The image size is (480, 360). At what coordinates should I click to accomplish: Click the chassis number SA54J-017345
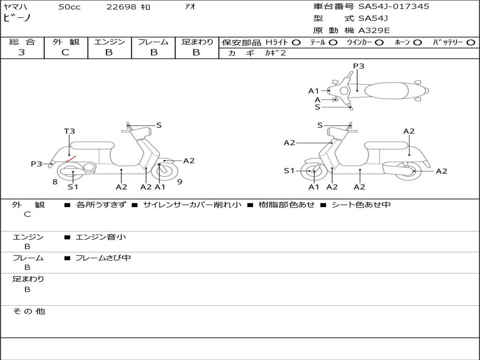pyautogui.click(x=394, y=7)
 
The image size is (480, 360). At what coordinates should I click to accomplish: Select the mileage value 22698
pyautogui.click(x=121, y=7)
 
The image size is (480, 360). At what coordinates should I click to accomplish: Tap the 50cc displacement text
pyautogui.click(x=69, y=7)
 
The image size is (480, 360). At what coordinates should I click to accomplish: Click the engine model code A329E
pyautogui.click(x=374, y=31)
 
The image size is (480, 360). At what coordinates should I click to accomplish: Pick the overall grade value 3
pyautogui.click(x=22, y=52)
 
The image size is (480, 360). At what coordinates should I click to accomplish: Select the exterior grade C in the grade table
pyautogui.click(x=65, y=52)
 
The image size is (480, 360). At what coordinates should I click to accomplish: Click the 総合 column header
pyautogui.click(x=22, y=42)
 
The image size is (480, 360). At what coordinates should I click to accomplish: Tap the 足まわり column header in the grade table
pyautogui.click(x=197, y=42)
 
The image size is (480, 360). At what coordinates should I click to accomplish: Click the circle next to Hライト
pyautogui.click(x=296, y=43)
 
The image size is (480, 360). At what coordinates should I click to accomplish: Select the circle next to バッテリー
pyautogui.click(x=471, y=43)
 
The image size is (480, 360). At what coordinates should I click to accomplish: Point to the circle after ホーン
pyautogui.click(x=417, y=43)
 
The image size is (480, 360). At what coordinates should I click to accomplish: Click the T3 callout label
pyautogui.click(x=69, y=131)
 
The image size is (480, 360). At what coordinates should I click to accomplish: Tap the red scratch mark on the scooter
pyautogui.click(x=71, y=159)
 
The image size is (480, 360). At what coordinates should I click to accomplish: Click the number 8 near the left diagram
pyautogui.click(x=55, y=182)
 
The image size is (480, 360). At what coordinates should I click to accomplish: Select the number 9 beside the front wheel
pyautogui.click(x=180, y=182)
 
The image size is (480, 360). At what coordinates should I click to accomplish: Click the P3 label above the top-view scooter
pyautogui.click(x=359, y=66)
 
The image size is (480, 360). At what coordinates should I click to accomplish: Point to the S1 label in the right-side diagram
pyautogui.click(x=290, y=171)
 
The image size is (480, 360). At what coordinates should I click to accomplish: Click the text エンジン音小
pyautogui.click(x=101, y=237)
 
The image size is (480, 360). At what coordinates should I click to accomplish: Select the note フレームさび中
pyautogui.click(x=103, y=258)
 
